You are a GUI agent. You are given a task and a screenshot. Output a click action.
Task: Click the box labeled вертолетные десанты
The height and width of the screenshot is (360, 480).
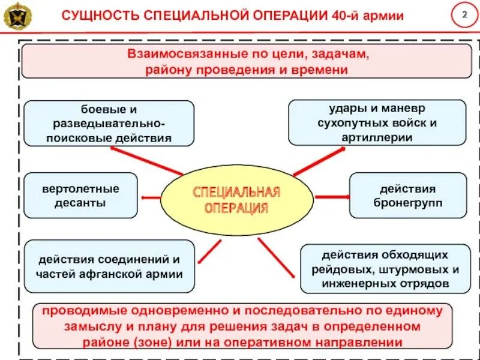click(x=81, y=196)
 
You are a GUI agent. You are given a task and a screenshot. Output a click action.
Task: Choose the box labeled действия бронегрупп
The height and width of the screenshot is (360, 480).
click(x=407, y=196)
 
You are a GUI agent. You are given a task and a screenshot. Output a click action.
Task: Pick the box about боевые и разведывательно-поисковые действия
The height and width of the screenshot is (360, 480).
click(x=109, y=124)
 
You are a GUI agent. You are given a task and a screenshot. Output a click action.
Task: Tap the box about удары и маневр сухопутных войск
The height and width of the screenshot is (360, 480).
click(x=377, y=123)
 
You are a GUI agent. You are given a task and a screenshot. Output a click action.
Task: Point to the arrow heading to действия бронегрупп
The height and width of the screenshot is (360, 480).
click(x=332, y=197)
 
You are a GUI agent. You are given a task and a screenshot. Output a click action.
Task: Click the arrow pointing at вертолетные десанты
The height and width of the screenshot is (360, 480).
click(x=150, y=196)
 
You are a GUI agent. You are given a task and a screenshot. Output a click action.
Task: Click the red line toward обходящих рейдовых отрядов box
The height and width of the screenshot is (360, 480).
click(x=276, y=257)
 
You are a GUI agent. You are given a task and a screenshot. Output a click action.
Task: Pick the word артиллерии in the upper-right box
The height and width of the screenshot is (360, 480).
click(x=377, y=137)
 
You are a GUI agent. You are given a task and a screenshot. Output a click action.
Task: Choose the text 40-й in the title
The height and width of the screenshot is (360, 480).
click(x=345, y=16)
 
